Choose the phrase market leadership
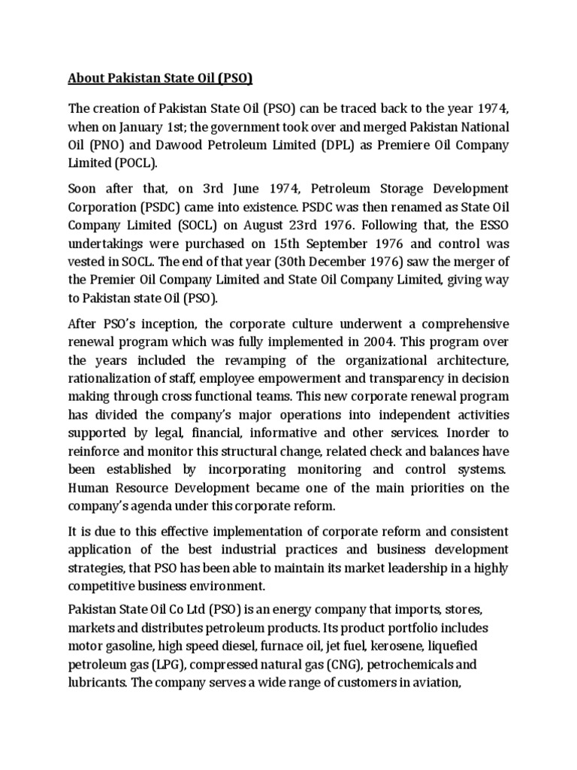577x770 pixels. [x=374, y=568]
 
